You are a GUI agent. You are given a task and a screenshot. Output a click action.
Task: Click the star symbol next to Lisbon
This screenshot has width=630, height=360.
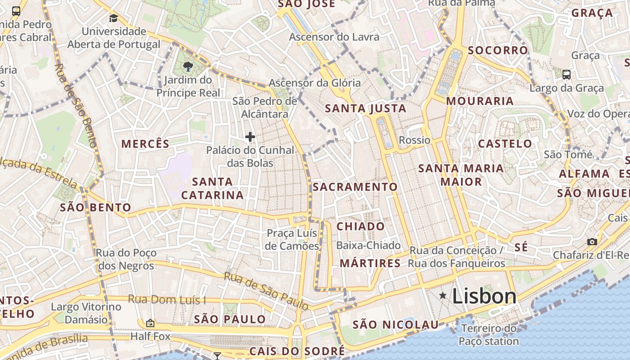443,296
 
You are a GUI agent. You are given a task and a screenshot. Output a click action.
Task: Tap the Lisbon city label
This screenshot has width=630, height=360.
484,296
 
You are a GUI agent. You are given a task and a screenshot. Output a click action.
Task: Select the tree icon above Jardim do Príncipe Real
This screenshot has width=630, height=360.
188,67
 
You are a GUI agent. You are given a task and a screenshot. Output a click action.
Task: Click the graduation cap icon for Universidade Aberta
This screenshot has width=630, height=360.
113,18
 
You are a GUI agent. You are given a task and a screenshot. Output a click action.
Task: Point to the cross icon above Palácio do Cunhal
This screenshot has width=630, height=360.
250,137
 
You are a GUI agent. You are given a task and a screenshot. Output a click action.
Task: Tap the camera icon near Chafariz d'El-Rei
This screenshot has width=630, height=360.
592,242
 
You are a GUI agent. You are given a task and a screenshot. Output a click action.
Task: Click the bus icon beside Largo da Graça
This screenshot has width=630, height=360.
567,74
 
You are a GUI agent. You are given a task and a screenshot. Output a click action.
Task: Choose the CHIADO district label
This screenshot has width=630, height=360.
361,226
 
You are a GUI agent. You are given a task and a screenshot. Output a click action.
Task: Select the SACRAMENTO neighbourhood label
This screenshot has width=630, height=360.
355,187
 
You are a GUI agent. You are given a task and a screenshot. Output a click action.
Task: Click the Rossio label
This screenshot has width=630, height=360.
414,140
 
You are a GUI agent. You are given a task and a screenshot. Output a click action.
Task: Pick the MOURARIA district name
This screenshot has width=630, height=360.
480,101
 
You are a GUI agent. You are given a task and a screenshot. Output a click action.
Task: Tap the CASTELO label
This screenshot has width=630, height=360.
505,144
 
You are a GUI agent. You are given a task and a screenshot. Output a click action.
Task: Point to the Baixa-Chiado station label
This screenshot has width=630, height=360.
369,245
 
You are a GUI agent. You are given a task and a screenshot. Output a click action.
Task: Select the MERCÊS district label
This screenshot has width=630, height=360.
145,144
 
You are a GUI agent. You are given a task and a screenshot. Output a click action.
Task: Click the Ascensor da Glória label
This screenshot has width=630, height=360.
315,83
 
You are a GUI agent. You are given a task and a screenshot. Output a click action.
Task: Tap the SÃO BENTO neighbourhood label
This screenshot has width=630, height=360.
95,207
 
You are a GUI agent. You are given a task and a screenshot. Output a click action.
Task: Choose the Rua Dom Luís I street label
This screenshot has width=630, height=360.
167,299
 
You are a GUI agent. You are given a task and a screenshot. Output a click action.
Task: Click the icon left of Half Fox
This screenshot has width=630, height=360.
150,323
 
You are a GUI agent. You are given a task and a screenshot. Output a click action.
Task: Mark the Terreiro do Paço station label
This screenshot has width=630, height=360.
489,335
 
